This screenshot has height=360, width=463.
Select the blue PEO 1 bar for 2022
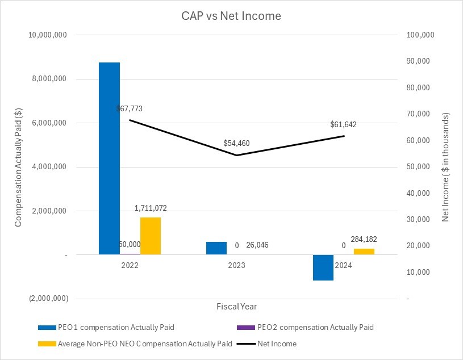109,158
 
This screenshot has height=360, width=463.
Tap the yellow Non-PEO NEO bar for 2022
151,236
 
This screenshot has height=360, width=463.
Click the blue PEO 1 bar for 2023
216,248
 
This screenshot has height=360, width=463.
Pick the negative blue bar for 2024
323,267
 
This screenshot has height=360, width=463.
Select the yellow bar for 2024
364,252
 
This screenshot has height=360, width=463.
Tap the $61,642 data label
343,124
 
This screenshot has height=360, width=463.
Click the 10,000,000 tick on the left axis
48,35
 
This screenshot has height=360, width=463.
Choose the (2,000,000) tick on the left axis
48,299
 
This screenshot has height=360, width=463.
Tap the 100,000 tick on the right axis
421,35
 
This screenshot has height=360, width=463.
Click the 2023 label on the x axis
236,265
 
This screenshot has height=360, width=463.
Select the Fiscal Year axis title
236,307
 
